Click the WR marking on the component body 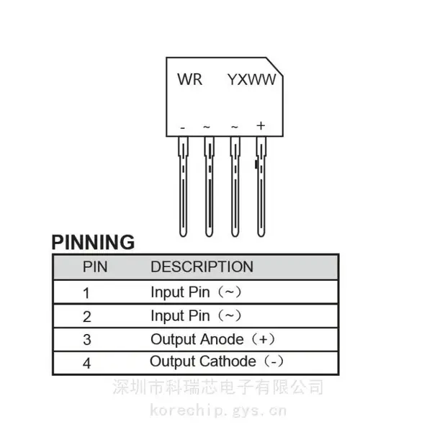[x=190, y=79]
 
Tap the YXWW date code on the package [x=251, y=80]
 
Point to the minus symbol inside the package [x=182, y=128]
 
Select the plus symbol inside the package [x=261, y=125]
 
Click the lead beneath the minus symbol [x=183, y=186]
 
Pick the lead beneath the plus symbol [x=261, y=186]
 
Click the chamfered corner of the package [x=275, y=66]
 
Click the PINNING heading [x=93, y=242]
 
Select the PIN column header [x=95, y=266]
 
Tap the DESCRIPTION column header [x=202, y=266]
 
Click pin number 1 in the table [x=86, y=293]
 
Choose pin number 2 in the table [x=87, y=317]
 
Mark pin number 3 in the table [x=87, y=340]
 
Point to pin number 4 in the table [x=87, y=363]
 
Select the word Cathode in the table [x=228, y=361]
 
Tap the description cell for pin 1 [x=196, y=292]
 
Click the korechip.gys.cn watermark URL [x=218, y=410]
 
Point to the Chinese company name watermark [x=217, y=387]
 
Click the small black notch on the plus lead [x=256, y=164]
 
